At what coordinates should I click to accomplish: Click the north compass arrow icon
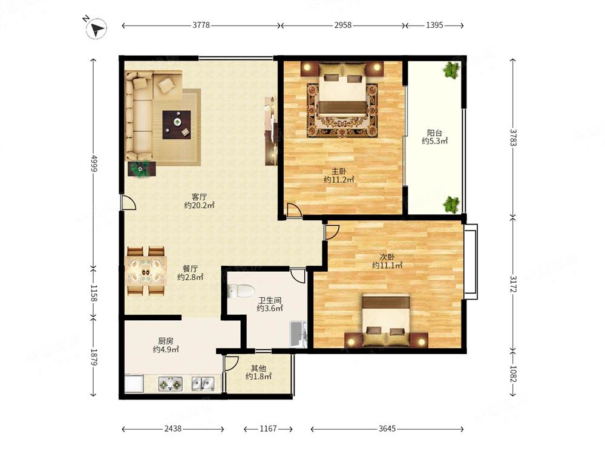tap(96, 28)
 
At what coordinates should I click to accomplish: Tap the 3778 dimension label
tap(201, 25)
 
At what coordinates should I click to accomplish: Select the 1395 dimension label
tap(434, 25)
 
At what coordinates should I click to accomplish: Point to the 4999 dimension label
tap(94, 163)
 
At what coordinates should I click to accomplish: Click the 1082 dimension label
tap(513, 373)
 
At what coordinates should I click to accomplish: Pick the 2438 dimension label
tap(172, 429)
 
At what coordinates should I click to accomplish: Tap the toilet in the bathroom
tap(241, 291)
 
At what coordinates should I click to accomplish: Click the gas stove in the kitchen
tap(170, 384)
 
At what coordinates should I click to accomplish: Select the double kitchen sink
tap(203, 383)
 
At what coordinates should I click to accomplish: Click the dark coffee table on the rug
tap(176, 125)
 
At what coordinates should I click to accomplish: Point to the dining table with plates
tap(146, 271)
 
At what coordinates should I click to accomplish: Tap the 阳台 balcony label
tap(434, 133)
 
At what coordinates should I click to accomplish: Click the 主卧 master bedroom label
tap(339, 171)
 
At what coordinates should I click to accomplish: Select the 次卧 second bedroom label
tap(387, 257)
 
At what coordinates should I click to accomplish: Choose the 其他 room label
tap(258, 368)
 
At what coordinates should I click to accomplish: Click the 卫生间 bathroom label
tap(270, 300)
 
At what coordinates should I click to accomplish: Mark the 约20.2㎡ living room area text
tap(199, 205)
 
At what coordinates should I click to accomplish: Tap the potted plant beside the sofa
tap(142, 169)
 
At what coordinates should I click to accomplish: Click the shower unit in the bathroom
tap(299, 334)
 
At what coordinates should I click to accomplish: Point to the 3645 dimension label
tap(387, 429)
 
